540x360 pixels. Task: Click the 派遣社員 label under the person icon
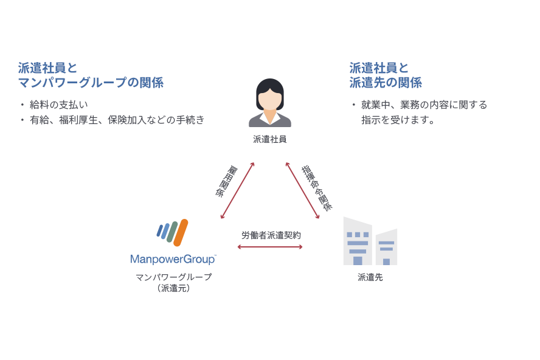(269, 139)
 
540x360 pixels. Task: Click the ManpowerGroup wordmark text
(173, 259)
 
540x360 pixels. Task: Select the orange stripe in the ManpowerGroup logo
(181, 232)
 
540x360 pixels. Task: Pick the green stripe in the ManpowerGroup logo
(172, 232)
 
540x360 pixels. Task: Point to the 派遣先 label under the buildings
(370, 277)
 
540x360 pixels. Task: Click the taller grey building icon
(358, 242)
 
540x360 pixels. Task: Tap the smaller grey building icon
(386, 247)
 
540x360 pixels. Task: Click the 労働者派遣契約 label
(271, 235)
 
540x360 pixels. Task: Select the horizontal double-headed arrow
(270, 247)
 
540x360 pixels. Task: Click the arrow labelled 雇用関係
(237, 190)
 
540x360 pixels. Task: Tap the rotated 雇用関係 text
(224, 181)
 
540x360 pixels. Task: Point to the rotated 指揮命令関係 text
(317, 187)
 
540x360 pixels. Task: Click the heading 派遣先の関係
(386, 83)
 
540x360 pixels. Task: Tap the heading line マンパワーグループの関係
(91, 83)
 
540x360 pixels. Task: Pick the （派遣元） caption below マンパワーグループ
(173, 288)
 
